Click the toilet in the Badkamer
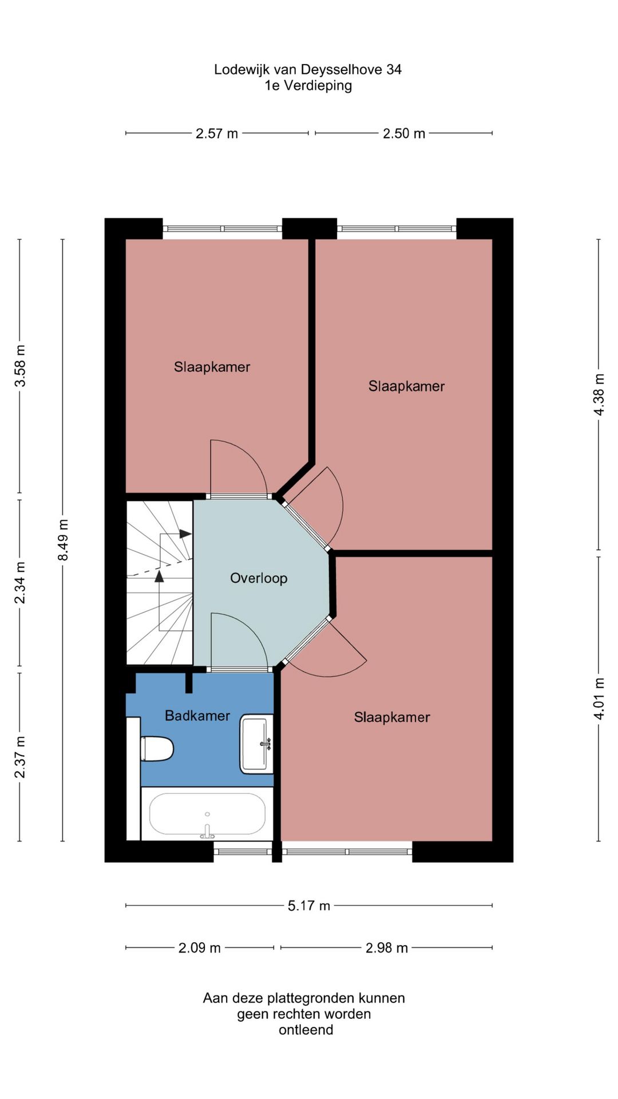(157, 748)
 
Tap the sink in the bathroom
(256, 744)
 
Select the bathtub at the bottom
(207, 814)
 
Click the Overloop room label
(259, 578)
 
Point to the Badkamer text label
(197, 715)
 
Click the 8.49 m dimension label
(63, 540)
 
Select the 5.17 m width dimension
(309, 906)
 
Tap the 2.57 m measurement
(217, 133)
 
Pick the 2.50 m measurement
(404, 133)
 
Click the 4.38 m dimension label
(599, 394)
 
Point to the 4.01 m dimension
(599, 699)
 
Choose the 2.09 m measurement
(200, 948)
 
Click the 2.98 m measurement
(387, 948)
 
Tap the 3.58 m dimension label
(20, 366)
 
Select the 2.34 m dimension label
(20, 583)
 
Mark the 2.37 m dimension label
(20, 757)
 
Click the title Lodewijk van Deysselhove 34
(308, 70)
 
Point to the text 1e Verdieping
(308, 86)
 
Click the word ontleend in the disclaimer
(306, 1030)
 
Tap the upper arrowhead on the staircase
(185, 534)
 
